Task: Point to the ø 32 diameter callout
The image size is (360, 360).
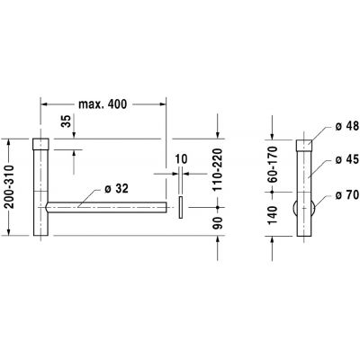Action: tap(119, 190)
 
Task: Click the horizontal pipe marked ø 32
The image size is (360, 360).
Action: tap(108, 208)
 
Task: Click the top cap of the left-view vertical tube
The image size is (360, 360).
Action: tap(40, 144)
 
